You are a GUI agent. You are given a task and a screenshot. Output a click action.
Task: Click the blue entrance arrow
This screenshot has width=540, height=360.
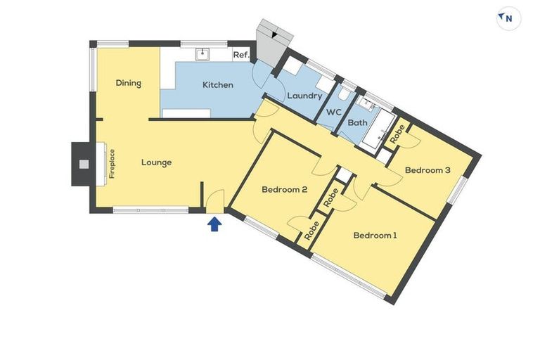pyautogui.click(x=215, y=224)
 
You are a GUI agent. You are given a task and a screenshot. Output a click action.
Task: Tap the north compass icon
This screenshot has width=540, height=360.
pyautogui.click(x=508, y=19)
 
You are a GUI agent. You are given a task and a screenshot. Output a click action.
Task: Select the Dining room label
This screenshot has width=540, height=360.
pyautogui.click(x=129, y=83)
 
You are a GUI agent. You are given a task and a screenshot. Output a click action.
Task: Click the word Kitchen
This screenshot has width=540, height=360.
pyautogui.click(x=217, y=85)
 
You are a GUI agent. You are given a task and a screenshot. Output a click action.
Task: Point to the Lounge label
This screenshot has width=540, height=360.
pyautogui.click(x=156, y=162)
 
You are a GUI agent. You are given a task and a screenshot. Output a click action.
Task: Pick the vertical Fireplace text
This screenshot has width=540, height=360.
pyautogui.click(x=112, y=164)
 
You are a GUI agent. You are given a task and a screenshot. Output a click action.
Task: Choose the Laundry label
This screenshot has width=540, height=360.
pyautogui.click(x=304, y=96)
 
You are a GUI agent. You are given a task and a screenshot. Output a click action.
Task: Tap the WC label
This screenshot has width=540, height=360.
pyautogui.click(x=335, y=112)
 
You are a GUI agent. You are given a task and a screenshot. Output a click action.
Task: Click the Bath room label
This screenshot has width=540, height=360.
pyautogui.click(x=358, y=122)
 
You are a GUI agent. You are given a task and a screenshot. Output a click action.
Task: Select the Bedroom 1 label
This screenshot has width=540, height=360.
pyautogui.click(x=375, y=235)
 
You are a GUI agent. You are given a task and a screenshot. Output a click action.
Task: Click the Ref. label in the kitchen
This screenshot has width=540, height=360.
pyautogui.click(x=241, y=54)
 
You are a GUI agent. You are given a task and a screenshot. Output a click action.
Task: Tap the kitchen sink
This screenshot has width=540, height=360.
pyautogui.click(x=202, y=53)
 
